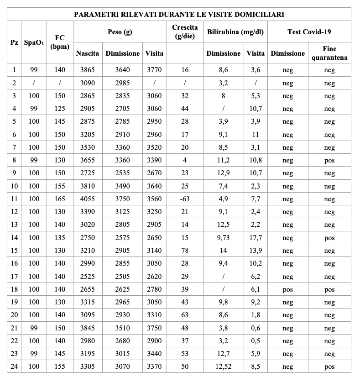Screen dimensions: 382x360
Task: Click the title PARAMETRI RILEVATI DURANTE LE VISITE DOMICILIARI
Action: coord(179,15)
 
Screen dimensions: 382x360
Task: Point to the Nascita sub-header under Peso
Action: coord(88,53)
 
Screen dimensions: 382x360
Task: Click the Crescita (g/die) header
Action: coord(184,32)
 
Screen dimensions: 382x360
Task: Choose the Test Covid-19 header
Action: coord(309,32)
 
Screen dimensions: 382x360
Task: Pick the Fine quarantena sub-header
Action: coord(329,53)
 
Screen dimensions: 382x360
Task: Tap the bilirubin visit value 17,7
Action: coord(256,238)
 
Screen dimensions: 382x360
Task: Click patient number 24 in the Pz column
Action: coord(14,366)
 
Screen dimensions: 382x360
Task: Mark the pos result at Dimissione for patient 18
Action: coord(287,289)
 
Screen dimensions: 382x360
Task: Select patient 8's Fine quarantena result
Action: coord(329,160)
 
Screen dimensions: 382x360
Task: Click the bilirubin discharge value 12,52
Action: coord(223,366)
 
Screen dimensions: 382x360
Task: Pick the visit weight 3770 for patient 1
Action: coord(154,70)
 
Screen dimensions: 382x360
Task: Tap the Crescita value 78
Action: coord(184,251)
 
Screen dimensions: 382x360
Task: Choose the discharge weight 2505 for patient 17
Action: coord(122,277)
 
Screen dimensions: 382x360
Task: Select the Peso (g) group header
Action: coord(120,32)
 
